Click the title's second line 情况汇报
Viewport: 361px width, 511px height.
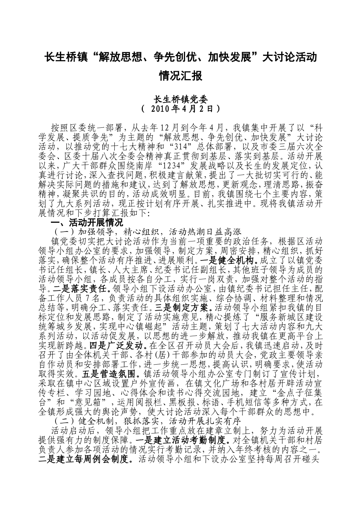tap(180, 76)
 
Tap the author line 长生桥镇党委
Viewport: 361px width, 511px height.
tap(180, 98)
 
